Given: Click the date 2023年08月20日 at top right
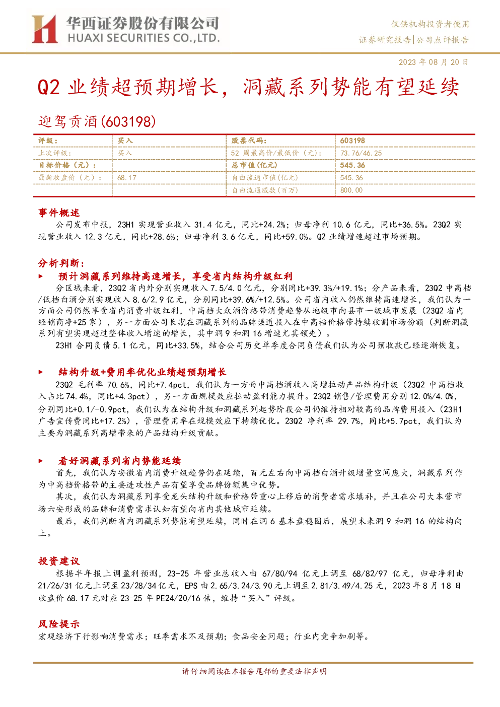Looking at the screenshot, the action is [x=434, y=62].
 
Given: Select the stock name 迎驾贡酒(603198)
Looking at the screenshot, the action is [x=97, y=121].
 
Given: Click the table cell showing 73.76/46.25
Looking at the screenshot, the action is [x=361, y=153].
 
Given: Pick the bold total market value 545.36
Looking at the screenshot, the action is [x=352, y=165].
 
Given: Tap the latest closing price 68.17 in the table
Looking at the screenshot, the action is [x=127, y=178].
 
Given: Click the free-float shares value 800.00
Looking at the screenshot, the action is [x=351, y=190].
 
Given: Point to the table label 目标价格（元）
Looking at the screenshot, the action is [x=67, y=165].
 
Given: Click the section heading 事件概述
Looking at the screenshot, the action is [x=59, y=213].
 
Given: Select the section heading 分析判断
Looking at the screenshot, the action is [x=61, y=263].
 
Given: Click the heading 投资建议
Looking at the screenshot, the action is [x=59, y=561].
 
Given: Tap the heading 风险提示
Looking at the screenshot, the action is [x=59, y=624].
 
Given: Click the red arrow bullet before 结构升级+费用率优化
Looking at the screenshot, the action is [x=40, y=372].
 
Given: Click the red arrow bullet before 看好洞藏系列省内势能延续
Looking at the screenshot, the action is [x=40, y=461].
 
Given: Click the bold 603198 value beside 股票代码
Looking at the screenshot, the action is [x=352, y=140].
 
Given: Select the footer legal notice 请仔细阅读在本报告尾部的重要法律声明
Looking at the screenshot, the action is [x=254, y=671].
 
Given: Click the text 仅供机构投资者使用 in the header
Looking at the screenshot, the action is [x=430, y=24].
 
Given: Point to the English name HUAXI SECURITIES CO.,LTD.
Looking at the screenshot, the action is [x=144, y=38].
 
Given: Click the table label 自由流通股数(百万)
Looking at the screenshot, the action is [x=265, y=190].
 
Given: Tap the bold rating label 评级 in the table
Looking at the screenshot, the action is [x=48, y=141].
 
